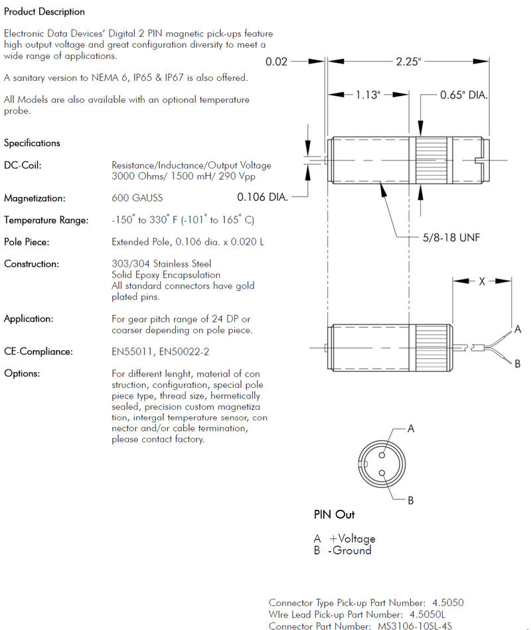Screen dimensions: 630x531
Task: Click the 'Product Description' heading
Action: (x=44, y=12)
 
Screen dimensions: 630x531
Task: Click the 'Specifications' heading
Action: (x=32, y=143)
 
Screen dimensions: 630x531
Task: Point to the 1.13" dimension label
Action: (x=368, y=95)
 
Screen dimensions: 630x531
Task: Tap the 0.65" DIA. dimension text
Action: (x=464, y=95)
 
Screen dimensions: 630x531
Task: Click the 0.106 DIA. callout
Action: (x=262, y=197)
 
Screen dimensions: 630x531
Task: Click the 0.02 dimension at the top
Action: (x=276, y=62)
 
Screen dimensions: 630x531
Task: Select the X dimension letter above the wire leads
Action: (x=482, y=281)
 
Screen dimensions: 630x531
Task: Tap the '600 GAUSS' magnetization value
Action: (x=137, y=198)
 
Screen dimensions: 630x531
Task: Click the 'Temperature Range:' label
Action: (x=46, y=220)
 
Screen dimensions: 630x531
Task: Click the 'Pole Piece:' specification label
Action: (x=27, y=242)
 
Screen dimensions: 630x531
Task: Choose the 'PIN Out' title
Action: (x=334, y=515)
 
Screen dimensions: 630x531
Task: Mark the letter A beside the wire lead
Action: (x=517, y=330)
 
